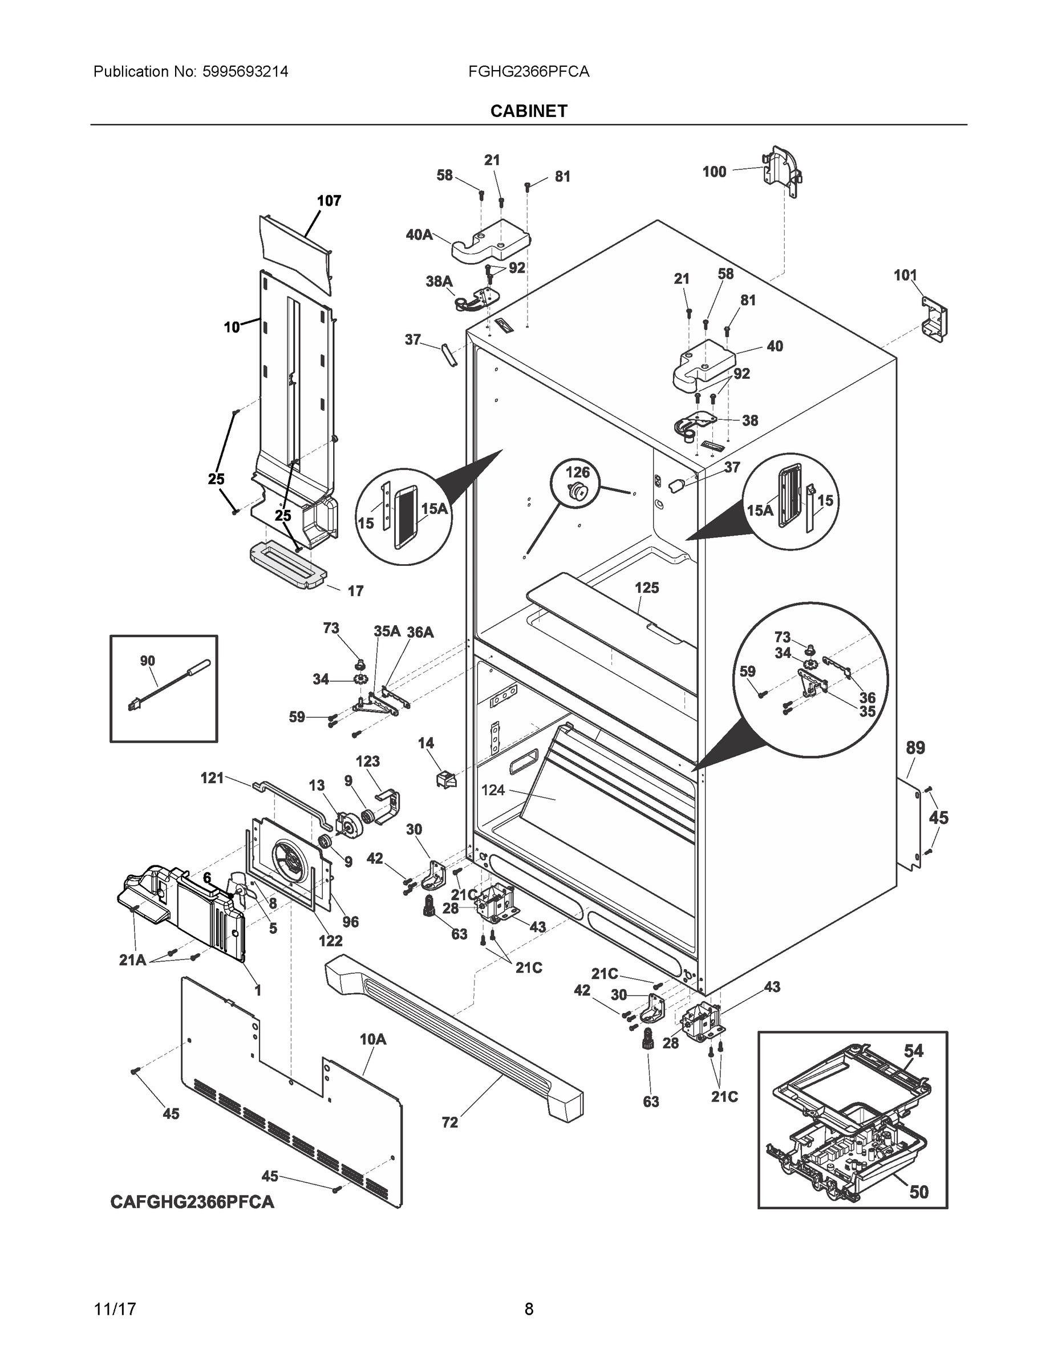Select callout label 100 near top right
point(714,172)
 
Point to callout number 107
point(329,201)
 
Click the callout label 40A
point(419,235)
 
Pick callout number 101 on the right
point(905,275)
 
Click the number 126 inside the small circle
point(578,471)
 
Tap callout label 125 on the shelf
point(647,588)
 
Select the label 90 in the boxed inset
point(147,661)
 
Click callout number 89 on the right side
point(915,748)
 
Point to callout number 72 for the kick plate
point(450,1123)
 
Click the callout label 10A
point(372,1040)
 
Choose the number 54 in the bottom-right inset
point(913,1051)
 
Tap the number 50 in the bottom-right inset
point(918,1192)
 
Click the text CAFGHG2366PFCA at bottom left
point(192,1202)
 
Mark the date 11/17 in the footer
point(115,1309)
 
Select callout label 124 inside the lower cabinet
point(493,791)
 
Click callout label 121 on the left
point(212,778)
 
